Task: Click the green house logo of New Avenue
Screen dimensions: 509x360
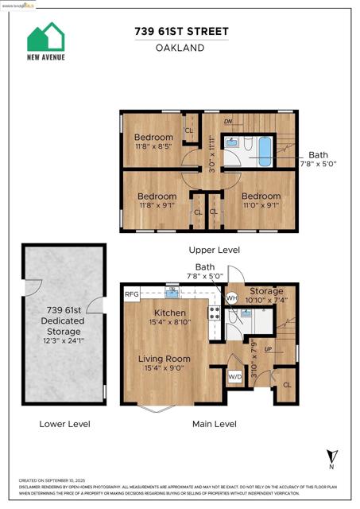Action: point(46,37)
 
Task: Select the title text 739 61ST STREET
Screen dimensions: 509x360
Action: point(180,30)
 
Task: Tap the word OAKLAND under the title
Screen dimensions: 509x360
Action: point(180,48)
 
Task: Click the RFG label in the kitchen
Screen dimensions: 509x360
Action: point(132,294)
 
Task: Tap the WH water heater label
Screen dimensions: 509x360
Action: point(232,297)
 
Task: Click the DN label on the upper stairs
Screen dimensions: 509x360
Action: point(228,122)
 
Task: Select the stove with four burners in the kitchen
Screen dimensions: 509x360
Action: point(213,312)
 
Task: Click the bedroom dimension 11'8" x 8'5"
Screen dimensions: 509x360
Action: point(153,147)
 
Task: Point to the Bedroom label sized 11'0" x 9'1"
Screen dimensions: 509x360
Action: point(261,196)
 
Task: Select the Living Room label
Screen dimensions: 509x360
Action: point(164,359)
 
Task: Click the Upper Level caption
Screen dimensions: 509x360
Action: point(209,249)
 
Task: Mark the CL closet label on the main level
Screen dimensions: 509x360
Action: point(286,385)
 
